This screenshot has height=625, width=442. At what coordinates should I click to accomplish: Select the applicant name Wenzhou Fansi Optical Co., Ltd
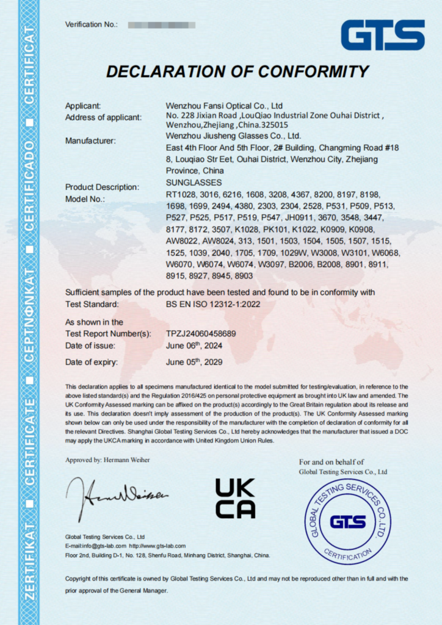tap(224, 106)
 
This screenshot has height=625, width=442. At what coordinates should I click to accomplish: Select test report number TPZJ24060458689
tap(201, 334)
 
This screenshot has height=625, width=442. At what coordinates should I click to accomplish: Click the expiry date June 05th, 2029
tap(194, 361)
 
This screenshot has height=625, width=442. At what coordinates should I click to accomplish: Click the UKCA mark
tap(235, 498)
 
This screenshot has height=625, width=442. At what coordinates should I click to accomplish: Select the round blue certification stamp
tap(347, 521)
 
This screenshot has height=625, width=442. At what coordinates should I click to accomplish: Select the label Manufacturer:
tap(90, 141)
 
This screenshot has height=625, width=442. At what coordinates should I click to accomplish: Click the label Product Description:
tap(102, 187)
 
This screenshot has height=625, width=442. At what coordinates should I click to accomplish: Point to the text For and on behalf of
tap(331, 462)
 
